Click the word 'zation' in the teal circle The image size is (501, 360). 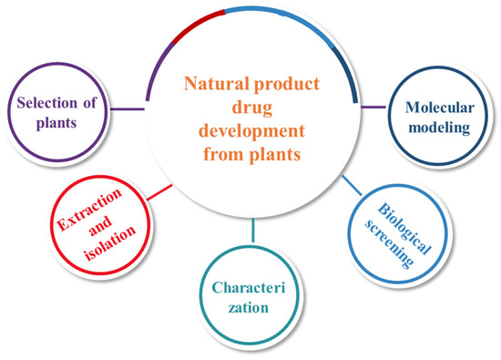249,308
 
